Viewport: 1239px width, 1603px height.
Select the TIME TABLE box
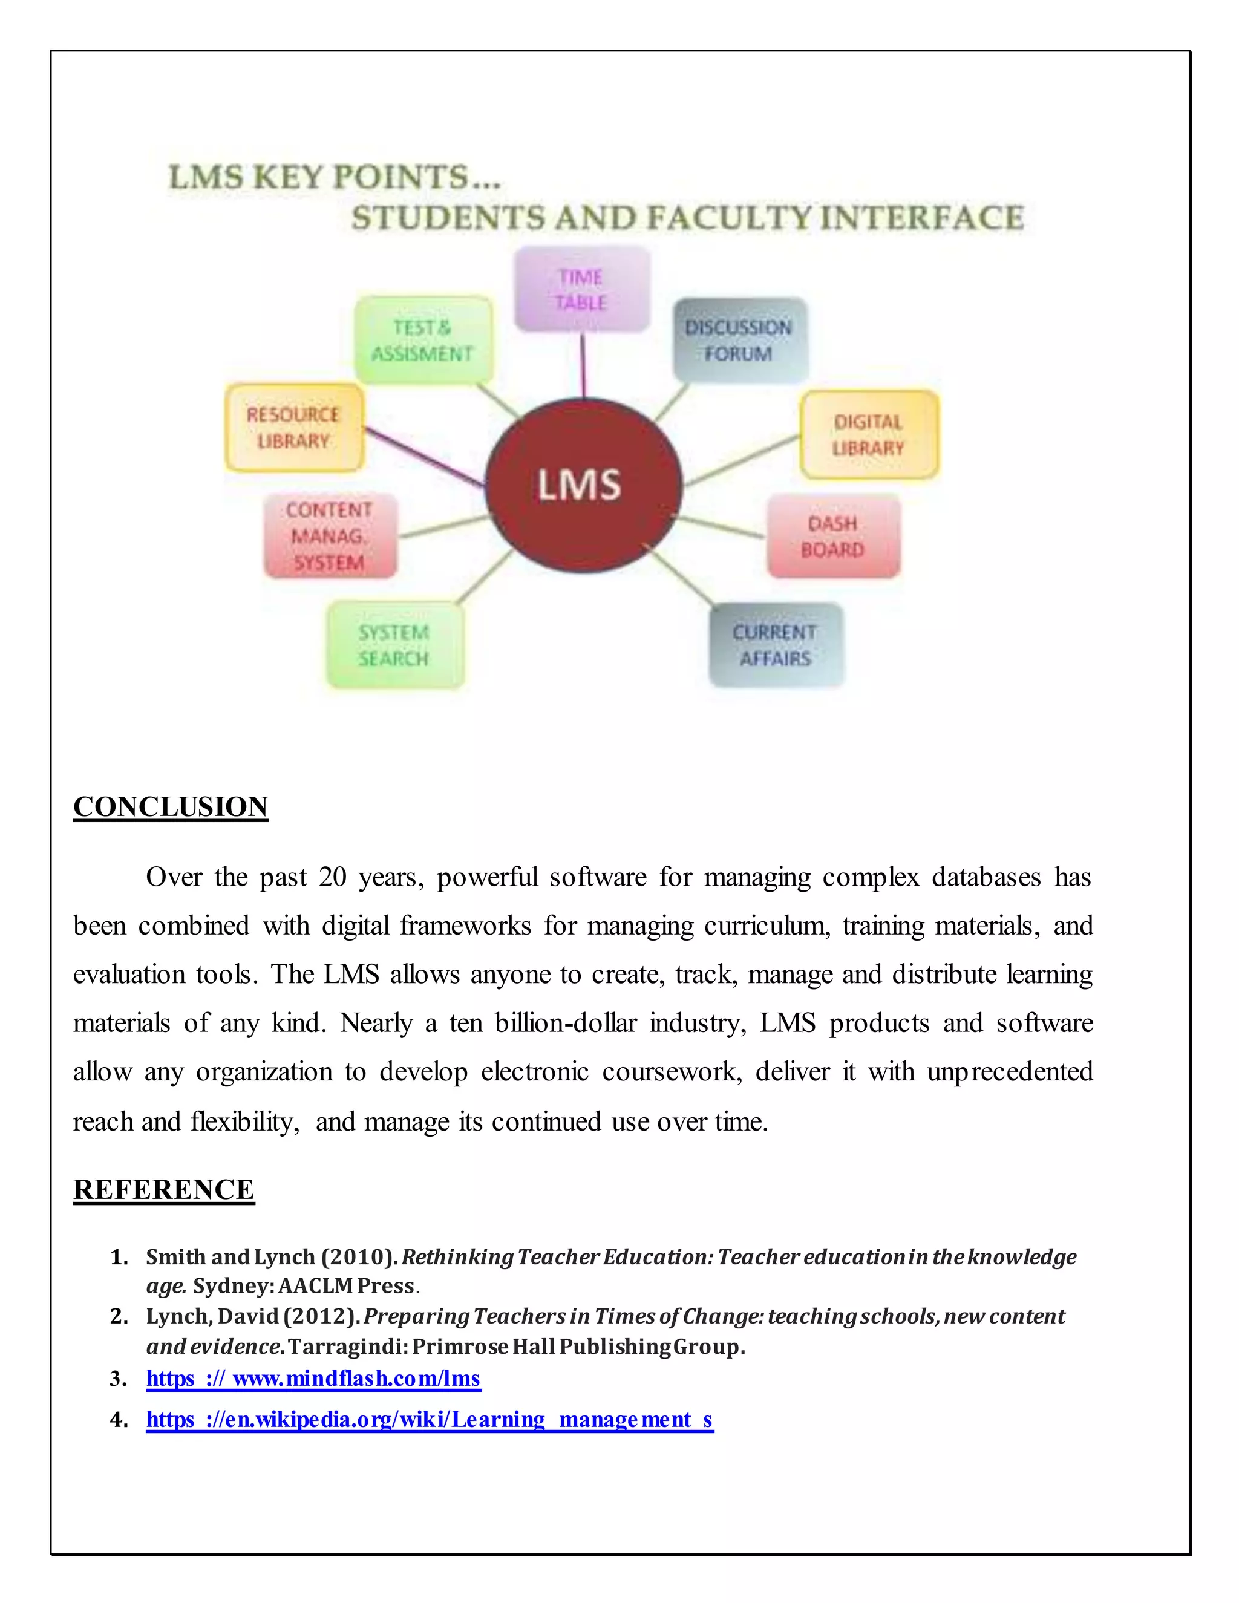tap(581, 289)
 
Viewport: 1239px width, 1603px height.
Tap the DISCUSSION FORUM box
tap(740, 340)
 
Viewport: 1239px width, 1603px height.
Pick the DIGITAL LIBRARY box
tap(868, 434)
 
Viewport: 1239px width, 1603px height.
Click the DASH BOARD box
tap(833, 536)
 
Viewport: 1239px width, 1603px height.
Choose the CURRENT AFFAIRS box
tap(776, 644)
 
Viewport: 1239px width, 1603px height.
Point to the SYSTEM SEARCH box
tap(394, 644)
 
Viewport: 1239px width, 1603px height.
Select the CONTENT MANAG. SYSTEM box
tap(330, 536)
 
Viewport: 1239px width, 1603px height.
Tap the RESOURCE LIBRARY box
tap(293, 427)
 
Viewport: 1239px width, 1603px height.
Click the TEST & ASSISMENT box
tap(422, 340)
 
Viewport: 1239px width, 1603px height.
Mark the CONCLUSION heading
tap(170, 806)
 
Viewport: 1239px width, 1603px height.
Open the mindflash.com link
tap(313, 1379)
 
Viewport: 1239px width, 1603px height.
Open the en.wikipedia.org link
tap(430, 1420)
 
